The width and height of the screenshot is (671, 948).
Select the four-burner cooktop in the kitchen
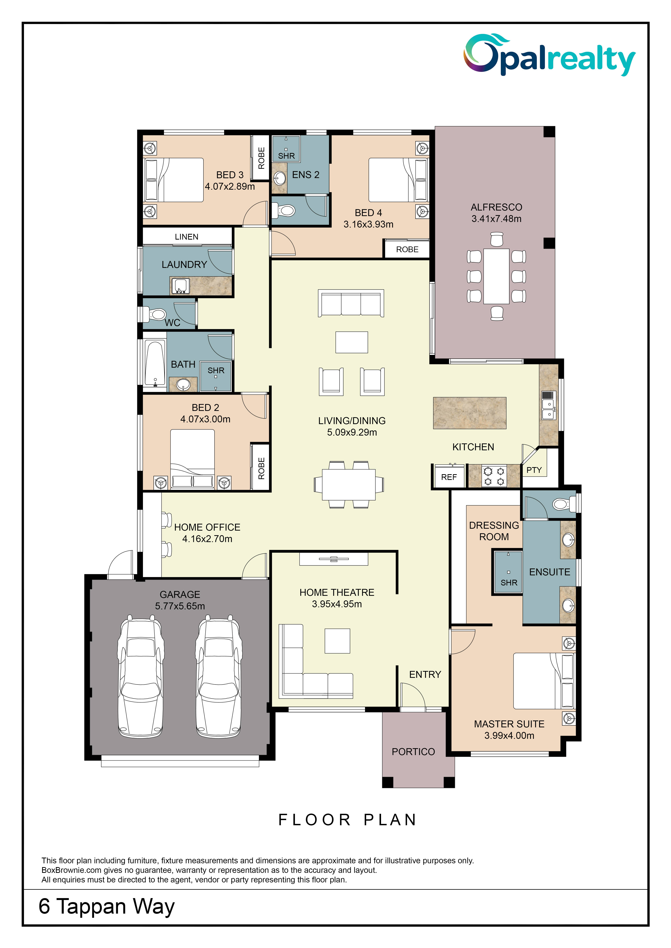coord(494,476)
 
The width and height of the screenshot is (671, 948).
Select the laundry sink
coord(181,286)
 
